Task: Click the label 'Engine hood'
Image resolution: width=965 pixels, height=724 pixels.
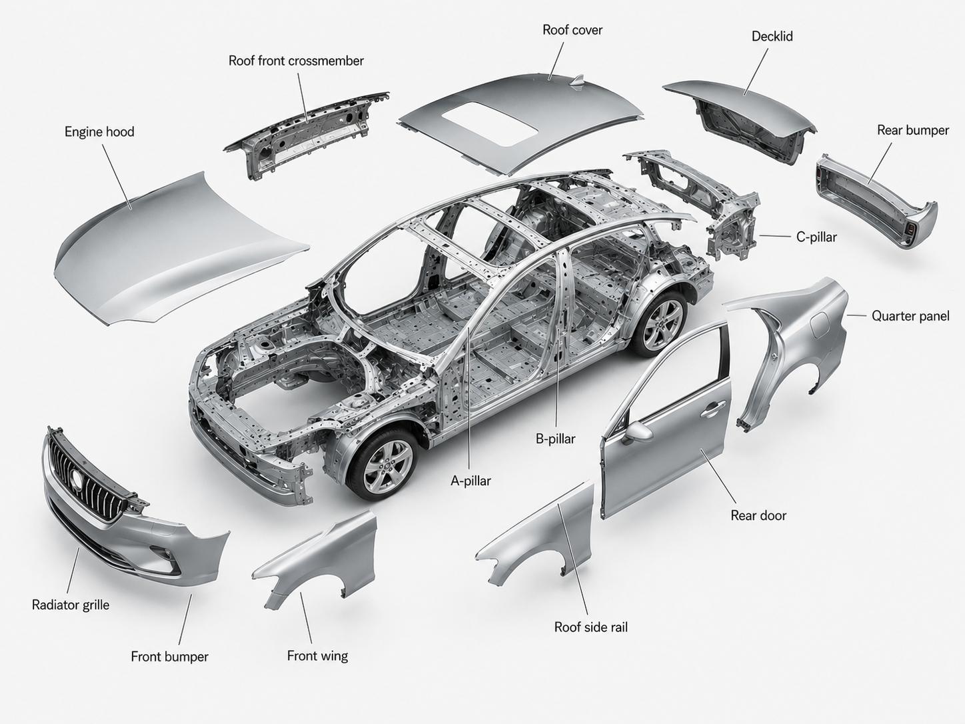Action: pyautogui.click(x=99, y=132)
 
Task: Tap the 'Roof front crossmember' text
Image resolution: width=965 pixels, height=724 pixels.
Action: pyautogui.click(x=296, y=61)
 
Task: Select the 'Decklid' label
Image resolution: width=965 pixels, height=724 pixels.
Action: pyautogui.click(x=772, y=36)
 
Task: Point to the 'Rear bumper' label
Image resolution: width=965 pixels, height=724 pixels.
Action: pyautogui.click(x=912, y=130)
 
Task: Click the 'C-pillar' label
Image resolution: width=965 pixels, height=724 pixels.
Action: pyautogui.click(x=816, y=237)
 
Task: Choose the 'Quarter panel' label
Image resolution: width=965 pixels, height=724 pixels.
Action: pyautogui.click(x=910, y=315)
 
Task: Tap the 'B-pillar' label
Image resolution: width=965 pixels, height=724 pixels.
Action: pyautogui.click(x=555, y=438)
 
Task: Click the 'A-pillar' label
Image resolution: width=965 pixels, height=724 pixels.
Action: pyautogui.click(x=471, y=481)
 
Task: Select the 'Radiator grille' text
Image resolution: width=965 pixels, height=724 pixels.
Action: pyautogui.click(x=71, y=605)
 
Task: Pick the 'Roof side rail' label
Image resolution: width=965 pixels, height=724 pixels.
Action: pyautogui.click(x=590, y=627)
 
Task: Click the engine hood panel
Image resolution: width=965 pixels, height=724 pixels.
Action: pyautogui.click(x=176, y=246)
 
